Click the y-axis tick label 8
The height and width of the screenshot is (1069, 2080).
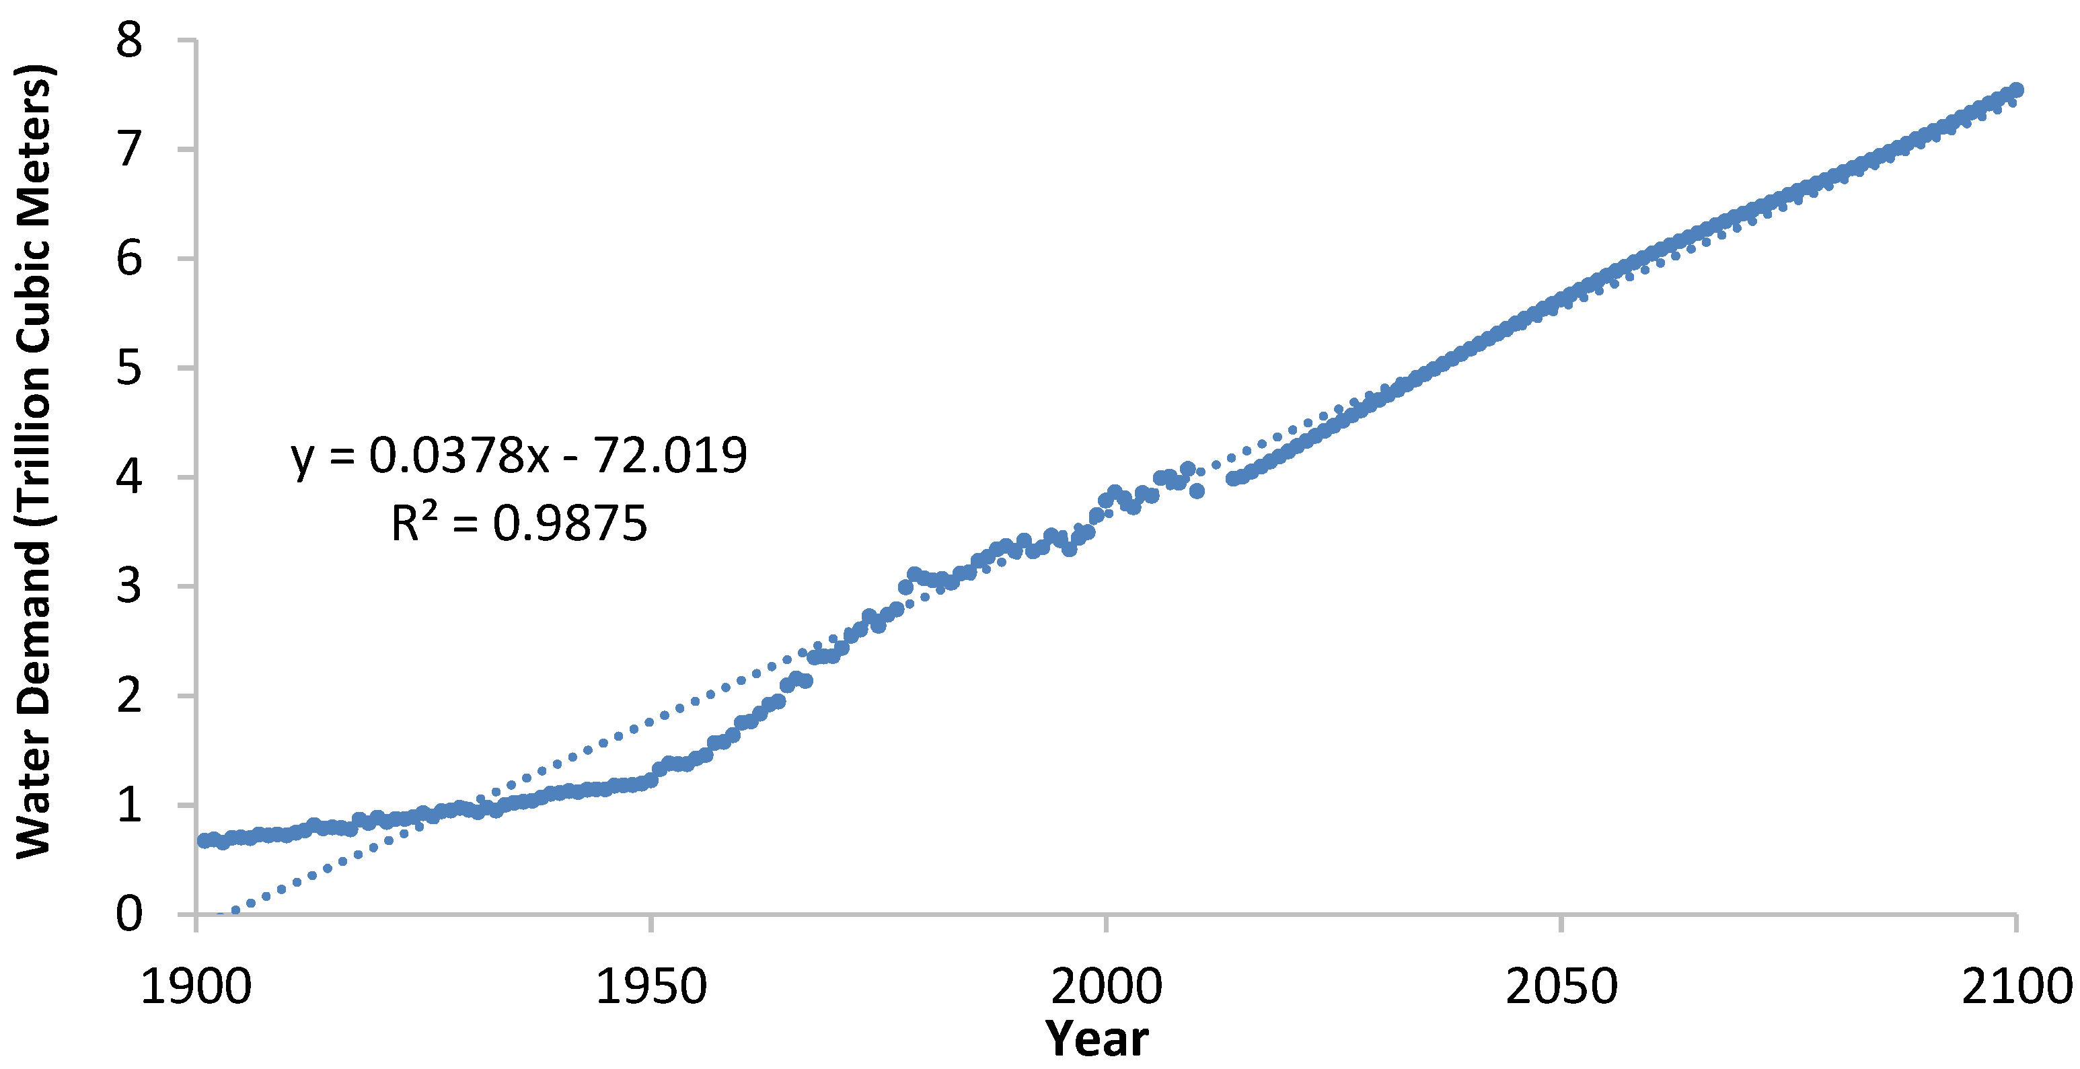click(x=129, y=40)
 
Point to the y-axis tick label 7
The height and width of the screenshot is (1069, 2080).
click(x=129, y=149)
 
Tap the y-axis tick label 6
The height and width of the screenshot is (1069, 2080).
click(x=129, y=259)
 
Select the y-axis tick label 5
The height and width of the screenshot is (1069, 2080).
click(x=129, y=368)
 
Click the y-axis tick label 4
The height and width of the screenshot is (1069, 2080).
click(x=129, y=477)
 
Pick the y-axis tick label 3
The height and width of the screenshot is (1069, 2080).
click(x=129, y=586)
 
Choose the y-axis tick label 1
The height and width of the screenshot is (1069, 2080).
click(x=129, y=805)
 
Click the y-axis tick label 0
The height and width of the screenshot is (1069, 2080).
click(x=129, y=914)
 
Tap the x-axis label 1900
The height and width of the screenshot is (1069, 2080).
click(x=196, y=987)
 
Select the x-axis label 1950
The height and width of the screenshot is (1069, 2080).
click(x=651, y=987)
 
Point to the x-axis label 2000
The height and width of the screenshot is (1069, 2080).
click(x=1106, y=987)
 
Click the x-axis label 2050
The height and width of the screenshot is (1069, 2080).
click(x=1561, y=987)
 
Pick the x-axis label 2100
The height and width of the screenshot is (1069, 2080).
click(x=2016, y=987)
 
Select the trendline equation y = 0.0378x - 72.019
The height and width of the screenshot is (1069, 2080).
click(x=519, y=455)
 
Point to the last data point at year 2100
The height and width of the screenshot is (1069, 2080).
click(x=2015, y=89)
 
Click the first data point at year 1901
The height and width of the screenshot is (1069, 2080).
click(x=205, y=840)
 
